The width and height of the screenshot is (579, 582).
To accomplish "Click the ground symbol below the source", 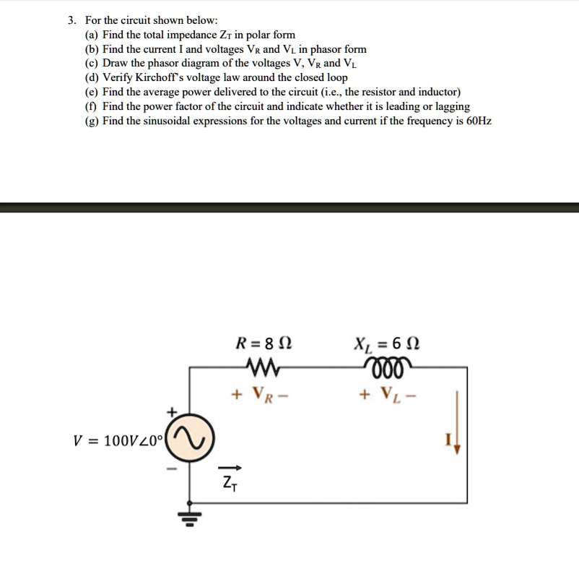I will pos(189,515).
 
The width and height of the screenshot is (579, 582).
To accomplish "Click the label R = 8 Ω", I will pos(264,343).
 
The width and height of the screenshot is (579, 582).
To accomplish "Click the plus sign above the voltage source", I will pos(171,411).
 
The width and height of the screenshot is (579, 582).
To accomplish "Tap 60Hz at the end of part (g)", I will pos(479,120).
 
